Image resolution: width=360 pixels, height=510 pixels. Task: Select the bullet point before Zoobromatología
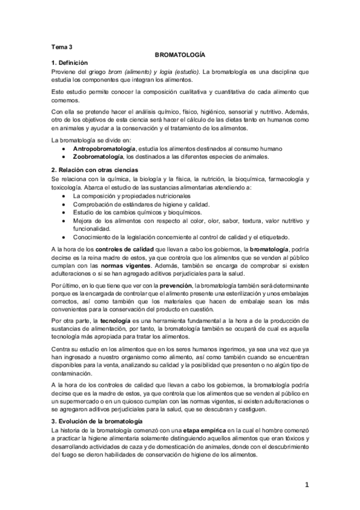(x=64, y=158)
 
